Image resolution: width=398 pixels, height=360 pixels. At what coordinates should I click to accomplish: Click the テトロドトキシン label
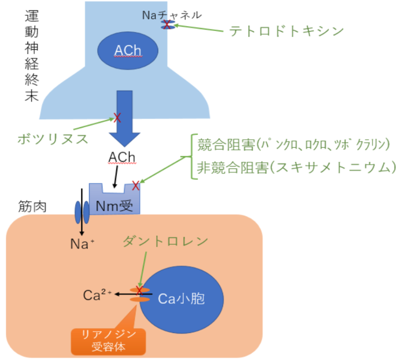[x=287, y=31]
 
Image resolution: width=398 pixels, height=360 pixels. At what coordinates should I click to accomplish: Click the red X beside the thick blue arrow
[x=117, y=118]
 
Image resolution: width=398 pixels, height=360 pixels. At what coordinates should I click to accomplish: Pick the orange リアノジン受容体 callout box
[x=108, y=341]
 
